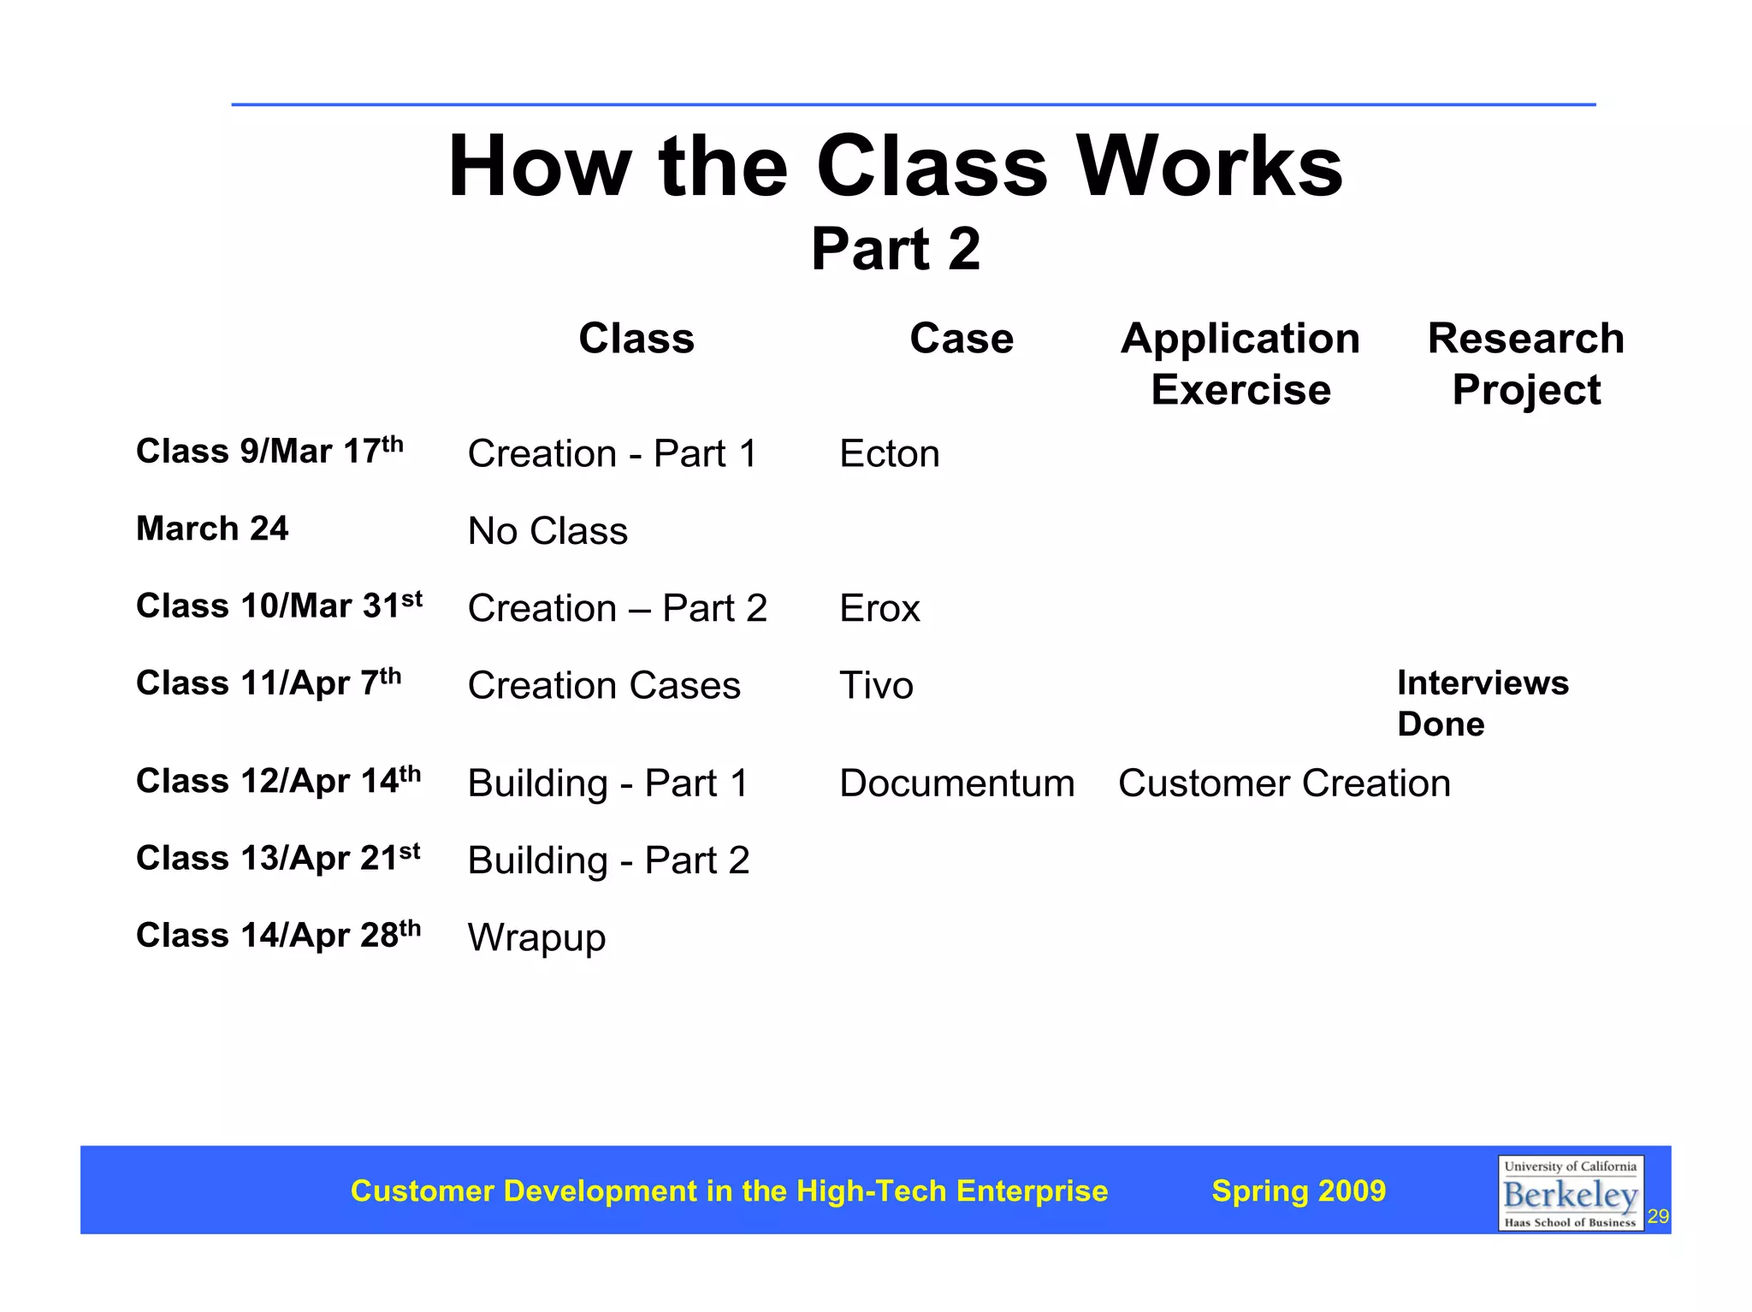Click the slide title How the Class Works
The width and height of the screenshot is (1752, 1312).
pos(895,167)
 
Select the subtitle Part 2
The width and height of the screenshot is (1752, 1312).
pos(895,250)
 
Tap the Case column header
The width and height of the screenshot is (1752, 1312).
pos(961,339)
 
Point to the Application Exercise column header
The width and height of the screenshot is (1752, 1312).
pos(1240,363)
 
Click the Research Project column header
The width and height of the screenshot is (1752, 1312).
pos(1525,363)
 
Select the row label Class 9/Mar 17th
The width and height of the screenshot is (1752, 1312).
pos(269,451)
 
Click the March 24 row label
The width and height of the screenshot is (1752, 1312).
pos(212,529)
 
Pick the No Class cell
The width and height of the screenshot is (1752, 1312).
pos(547,531)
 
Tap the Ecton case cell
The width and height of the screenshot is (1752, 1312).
pos(889,454)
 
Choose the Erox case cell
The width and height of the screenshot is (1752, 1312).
pos(879,609)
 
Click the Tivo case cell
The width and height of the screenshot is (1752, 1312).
pos(876,686)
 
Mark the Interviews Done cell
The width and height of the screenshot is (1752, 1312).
pos(1482,703)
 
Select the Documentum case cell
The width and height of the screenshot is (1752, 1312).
pos(956,783)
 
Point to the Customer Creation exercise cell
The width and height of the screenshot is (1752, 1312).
pos(1283,783)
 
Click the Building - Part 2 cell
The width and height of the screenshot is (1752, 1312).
pos(608,860)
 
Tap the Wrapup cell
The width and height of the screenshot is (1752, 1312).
pos(536,938)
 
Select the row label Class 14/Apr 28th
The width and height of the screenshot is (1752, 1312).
pos(278,935)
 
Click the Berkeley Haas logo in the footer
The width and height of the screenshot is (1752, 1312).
pos(1570,1193)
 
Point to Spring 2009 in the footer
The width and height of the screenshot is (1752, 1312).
pos(1298,1191)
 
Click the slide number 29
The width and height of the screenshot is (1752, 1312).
pos(1658,1217)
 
